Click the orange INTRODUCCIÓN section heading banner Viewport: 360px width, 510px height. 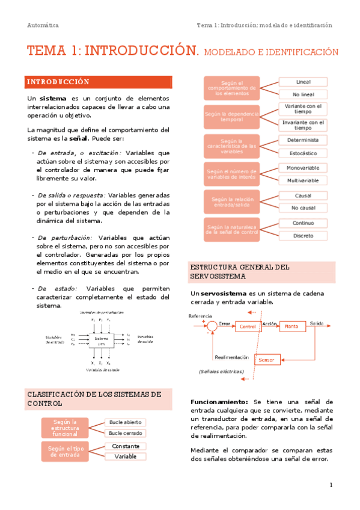tap(99, 82)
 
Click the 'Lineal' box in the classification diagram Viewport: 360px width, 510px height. tap(303, 82)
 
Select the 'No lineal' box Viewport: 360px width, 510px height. tap(303, 94)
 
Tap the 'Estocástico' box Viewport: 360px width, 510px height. tap(303, 153)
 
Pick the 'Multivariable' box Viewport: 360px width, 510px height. tap(303, 180)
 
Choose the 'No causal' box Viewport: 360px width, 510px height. tap(303, 208)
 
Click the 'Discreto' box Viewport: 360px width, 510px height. tap(303, 236)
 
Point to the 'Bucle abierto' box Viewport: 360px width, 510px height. tap(125, 423)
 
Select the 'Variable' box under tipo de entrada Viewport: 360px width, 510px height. tap(125, 456)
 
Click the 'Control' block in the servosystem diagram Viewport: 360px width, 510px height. tap(246, 326)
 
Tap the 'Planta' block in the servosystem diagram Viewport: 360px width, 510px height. tap(291, 326)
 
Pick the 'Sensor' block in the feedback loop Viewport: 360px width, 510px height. tap(267, 360)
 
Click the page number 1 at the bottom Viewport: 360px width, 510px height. tap(331, 485)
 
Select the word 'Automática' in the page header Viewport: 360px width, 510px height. tap(43, 25)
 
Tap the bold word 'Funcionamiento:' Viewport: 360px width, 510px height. tap(219, 402)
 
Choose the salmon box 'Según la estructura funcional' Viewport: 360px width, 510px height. tap(65, 428)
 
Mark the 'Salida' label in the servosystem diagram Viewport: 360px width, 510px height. tap(316, 324)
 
